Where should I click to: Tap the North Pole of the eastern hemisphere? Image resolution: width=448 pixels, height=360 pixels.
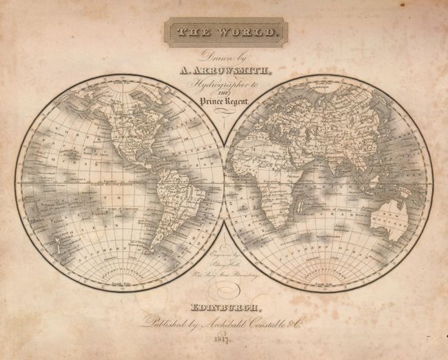[x=327, y=77]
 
